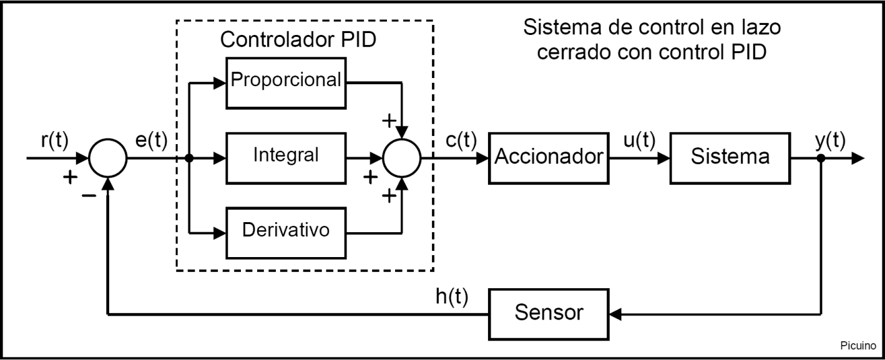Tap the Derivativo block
pyautogui.click(x=285, y=230)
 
